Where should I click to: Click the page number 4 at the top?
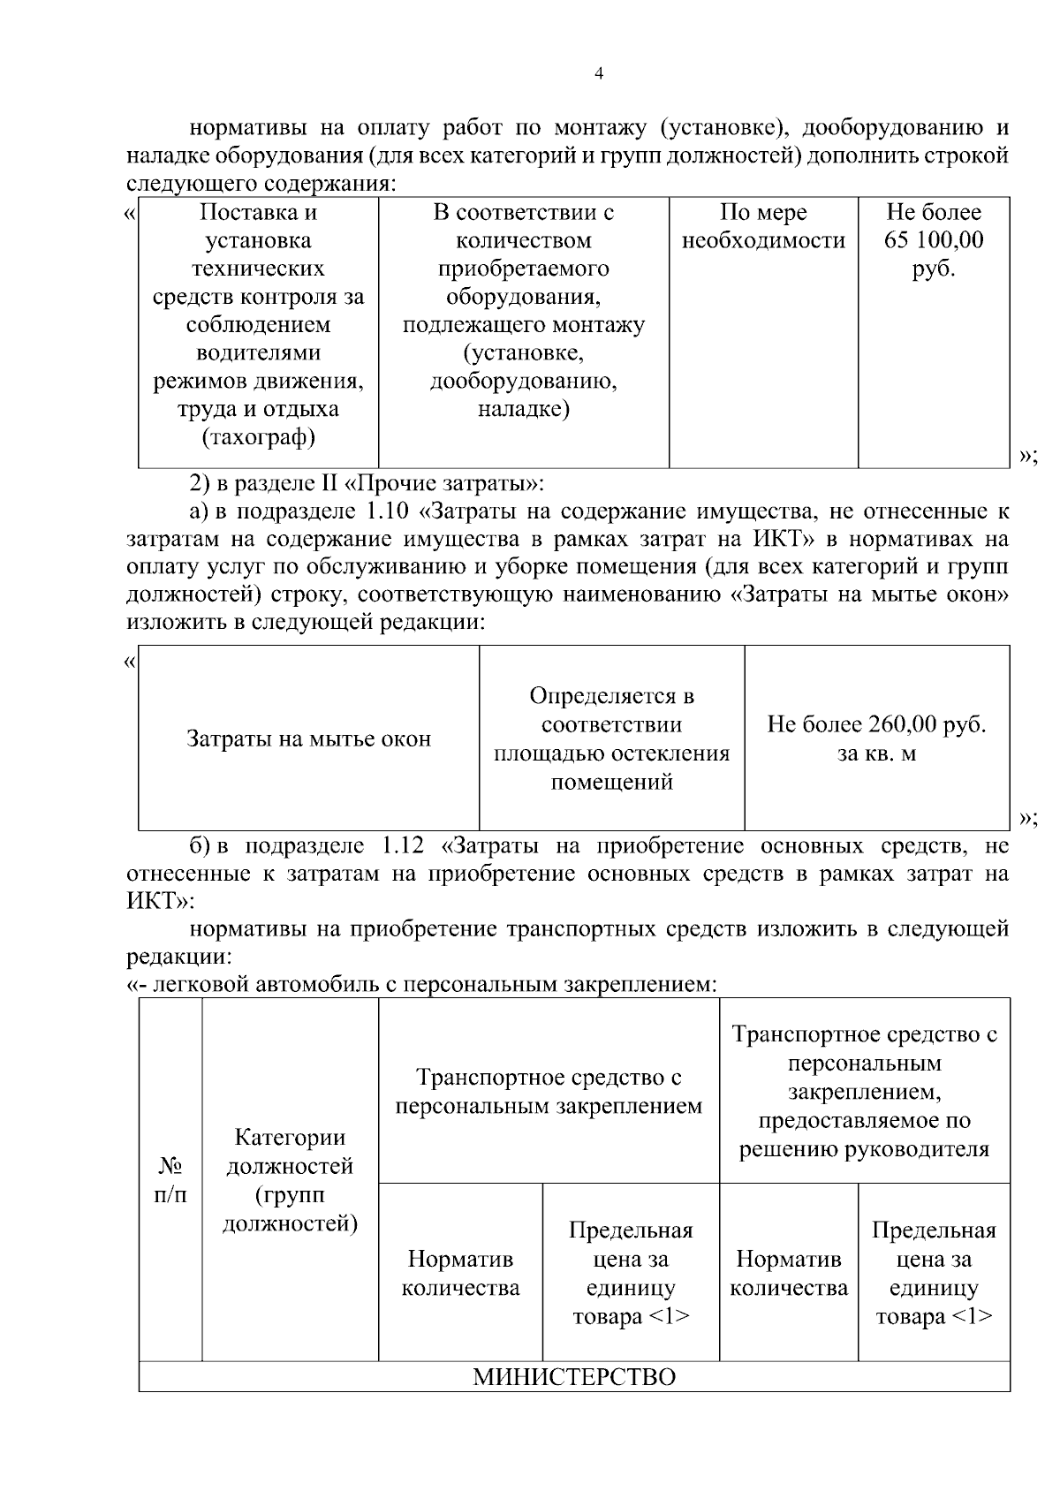[x=600, y=74]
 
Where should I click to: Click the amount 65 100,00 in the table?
[x=934, y=240]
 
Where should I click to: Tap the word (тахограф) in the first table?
[x=258, y=437]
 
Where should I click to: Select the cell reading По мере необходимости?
[x=763, y=227]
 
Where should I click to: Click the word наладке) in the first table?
[x=523, y=409]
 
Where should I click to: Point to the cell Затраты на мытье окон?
[x=308, y=738]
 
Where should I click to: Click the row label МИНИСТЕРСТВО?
[x=574, y=1377]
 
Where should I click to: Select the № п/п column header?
[x=170, y=1180]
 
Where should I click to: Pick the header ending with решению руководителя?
[x=864, y=1092]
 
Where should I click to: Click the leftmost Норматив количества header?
[x=460, y=1273]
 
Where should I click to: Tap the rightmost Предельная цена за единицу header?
[x=934, y=1273]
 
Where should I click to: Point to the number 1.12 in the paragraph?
[x=403, y=845]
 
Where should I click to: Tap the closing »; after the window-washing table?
[x=1026, y=818]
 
